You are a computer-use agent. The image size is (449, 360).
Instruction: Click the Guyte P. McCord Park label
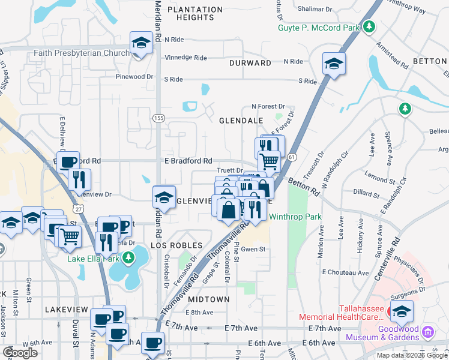[318, 28]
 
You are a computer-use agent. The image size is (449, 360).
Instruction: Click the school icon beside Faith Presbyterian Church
[142, 44]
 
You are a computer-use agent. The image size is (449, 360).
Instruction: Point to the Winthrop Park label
[295, 217]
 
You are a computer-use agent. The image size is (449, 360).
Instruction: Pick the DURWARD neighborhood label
[250, 62]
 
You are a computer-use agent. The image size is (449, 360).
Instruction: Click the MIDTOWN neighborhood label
[209, 299]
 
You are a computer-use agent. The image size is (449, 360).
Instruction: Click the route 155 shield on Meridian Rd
[158, 119]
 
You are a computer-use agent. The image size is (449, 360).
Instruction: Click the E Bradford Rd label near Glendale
[188, 161]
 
